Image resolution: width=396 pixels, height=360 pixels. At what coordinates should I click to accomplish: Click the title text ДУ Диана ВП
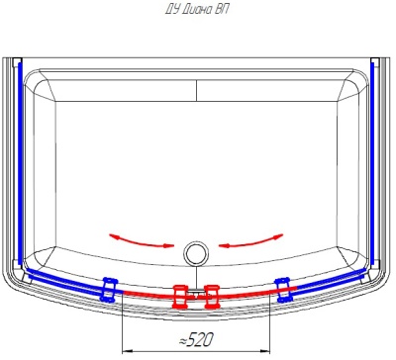197,9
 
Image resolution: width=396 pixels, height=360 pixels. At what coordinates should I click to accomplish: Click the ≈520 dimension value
196,339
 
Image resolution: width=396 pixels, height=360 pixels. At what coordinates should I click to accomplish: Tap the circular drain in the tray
196,253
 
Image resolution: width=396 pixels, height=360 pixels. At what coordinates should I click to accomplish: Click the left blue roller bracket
109,289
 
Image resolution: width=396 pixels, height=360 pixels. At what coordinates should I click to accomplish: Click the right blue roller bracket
283,289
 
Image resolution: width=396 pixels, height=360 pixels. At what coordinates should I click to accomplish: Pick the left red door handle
180,297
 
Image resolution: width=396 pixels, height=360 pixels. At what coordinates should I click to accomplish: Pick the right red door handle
211,297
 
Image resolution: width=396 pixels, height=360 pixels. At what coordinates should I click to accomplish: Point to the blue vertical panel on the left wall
20,164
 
